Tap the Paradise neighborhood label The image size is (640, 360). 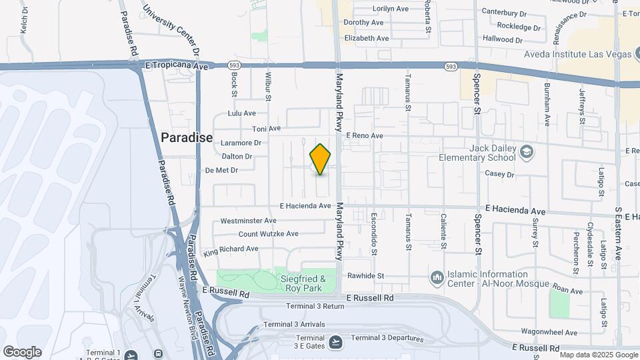pyautogui.click(x=187, y=138)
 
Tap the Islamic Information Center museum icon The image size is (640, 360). pyautogui.click(x=437, y=276)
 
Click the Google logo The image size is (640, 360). pyautogui.click(x=22, y=351)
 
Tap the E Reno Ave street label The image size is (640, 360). pyautogui.click(x=364, y=135)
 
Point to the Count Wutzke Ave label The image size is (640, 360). pyautogui.click(x=269, y=234)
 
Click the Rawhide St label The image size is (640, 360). pyautogui.click(x=366, y=275)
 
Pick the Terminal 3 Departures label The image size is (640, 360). pyautogui.click(x=387, y=338)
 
